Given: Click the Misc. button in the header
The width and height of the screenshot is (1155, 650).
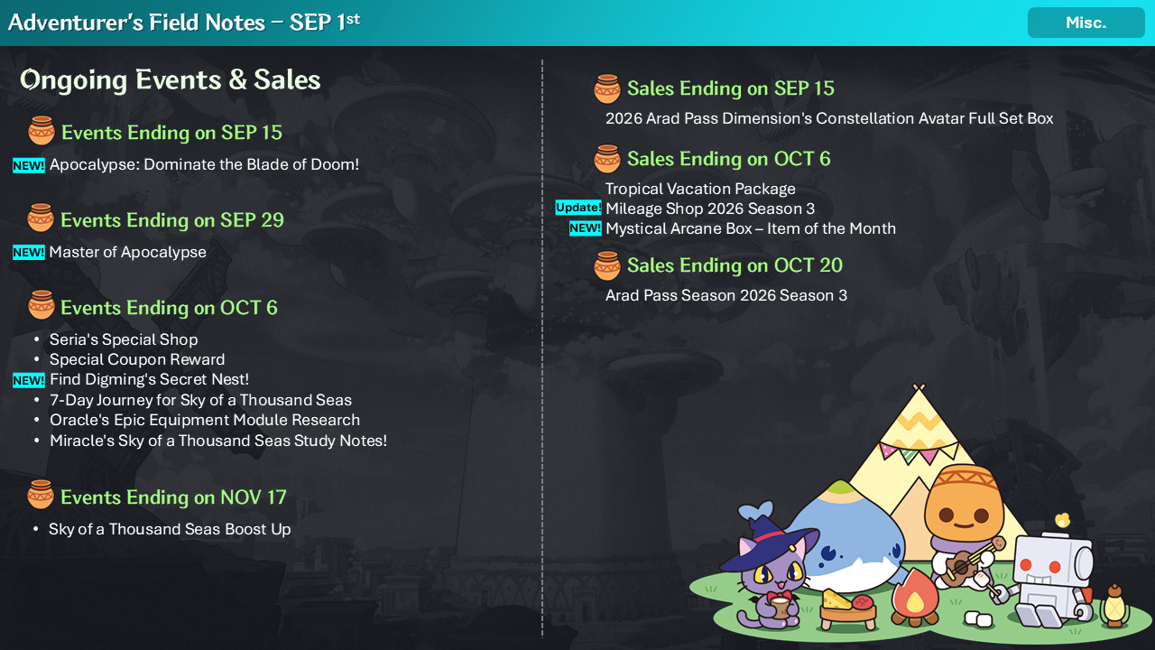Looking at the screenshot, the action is (1086, 23).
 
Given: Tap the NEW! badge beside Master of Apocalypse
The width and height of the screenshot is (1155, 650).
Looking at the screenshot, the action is (29, 252).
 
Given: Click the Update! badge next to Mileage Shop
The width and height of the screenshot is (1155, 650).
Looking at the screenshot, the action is (578, 208).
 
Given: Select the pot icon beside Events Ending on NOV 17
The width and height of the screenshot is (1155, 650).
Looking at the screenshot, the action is (41, 494).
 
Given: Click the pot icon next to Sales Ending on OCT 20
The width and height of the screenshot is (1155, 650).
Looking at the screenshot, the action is (607, 265).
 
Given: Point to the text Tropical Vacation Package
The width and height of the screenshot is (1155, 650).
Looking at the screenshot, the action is (700, 189).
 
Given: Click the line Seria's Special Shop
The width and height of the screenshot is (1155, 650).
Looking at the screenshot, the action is (124, 339).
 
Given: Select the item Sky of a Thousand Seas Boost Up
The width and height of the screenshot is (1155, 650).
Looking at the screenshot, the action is (170, 529).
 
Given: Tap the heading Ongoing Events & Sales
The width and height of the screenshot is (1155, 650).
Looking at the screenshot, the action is (171, 80).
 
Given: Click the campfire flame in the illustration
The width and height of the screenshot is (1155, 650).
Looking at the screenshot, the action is (915, 598).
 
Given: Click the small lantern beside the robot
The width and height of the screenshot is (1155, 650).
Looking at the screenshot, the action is (1114, 606).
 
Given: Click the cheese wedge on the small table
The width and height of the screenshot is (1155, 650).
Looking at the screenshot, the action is (836, 600).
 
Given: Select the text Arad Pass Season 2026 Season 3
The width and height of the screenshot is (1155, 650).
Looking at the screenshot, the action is (726, 295).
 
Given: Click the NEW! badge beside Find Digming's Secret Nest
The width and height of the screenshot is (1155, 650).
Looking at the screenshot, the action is (29, 380).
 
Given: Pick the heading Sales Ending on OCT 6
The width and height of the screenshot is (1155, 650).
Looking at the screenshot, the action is (728, 159).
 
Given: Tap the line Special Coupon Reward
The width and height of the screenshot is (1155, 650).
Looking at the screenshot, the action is (137, 359).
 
